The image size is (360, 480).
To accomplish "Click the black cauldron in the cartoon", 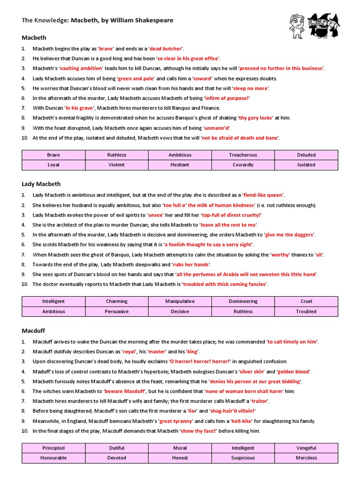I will pyautogui.click(x=319, y=32).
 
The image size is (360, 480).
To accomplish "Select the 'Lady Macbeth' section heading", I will pyautogui.click(x=41, y=184).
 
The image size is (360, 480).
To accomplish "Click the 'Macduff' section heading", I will pyautogui.click(x=33, y=330).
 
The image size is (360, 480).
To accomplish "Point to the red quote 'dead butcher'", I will pyautogui.click(x=166, y=49).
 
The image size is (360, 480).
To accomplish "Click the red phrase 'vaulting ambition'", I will pyautogui.click(x=81, y=68).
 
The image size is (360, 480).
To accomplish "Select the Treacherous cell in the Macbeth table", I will pyautogui.click(x=243, y=155).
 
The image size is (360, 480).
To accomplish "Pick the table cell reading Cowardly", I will pyautogui.click(x=243, y=165).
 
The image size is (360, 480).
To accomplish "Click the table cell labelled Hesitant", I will pyautogui.click(x=180, y=165).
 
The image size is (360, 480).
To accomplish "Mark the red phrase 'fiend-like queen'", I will pyautogui.click(x=263, y=195).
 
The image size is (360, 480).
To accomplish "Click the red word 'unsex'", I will pyautogui.click(x=155, y=215).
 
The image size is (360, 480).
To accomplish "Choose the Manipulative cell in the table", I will pyautogui.click(x=180, y=301).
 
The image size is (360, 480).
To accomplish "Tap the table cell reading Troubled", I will pyautogui.click(x=306, y=311).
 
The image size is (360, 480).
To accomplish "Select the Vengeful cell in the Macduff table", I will pyautogui.click(x=306, y=448).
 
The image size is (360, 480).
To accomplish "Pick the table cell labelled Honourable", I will pyautogui.click(x=53, y=458).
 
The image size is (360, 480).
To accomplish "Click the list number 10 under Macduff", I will pyautogui.click(x=25, y=431).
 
